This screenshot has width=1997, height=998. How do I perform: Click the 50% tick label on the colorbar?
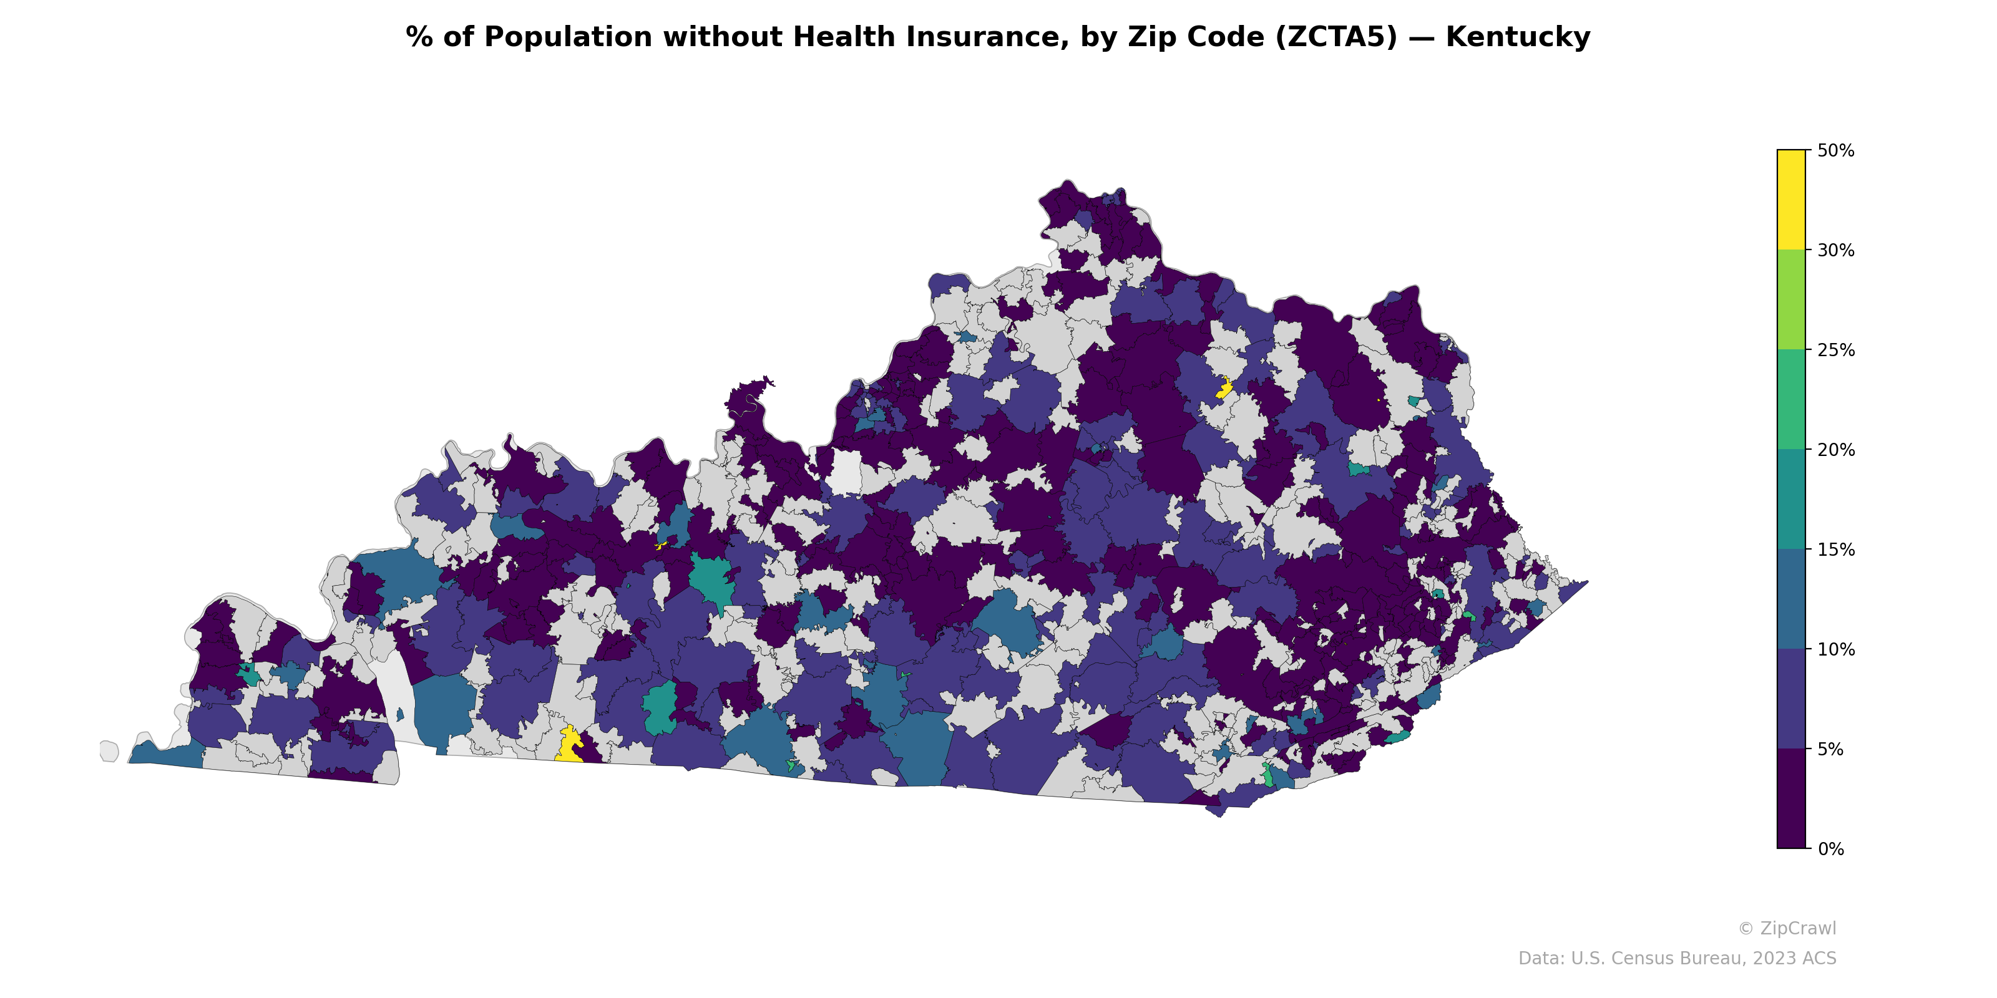pos(1835,151)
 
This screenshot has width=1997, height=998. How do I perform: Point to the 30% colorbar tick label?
pos(1835,250)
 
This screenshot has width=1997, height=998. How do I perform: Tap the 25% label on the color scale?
pos(1835,350)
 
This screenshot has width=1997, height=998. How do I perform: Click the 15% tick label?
pos(1835,550)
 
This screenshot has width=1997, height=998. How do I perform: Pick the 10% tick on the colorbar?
pos(1835,650)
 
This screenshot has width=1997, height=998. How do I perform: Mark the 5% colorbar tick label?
pos(1830,749)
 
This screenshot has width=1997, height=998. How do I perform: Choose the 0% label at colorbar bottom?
pos(1830,849)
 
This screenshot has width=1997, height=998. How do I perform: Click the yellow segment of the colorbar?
pos(1791,199)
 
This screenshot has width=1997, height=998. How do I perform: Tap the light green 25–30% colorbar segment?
pos(1791,300)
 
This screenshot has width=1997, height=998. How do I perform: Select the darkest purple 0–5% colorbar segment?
pos(1791,798)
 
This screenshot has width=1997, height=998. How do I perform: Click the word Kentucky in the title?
pos(1517,37)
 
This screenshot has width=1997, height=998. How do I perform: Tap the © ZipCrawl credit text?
pos(1786,928)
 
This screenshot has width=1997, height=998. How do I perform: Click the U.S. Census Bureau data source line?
pos(1676,959)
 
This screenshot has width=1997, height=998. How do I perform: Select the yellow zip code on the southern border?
pos(570,745)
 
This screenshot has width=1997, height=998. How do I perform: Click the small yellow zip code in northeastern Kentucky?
pos(1224,387)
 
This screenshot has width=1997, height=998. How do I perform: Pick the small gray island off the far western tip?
pos(109,751)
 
